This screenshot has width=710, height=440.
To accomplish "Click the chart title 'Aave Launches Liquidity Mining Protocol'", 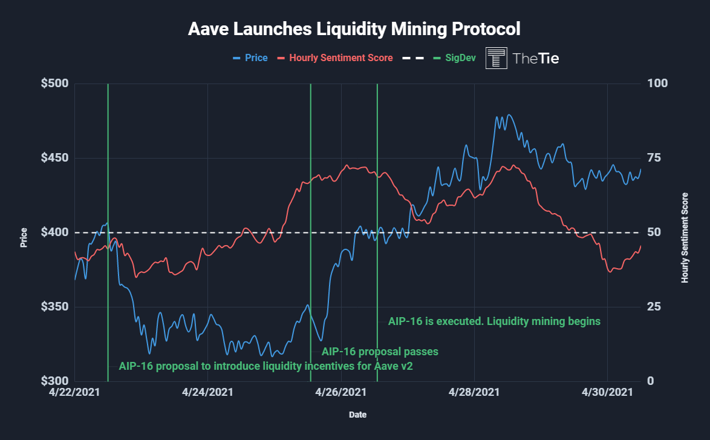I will pyautogui.click(x=354, y=28).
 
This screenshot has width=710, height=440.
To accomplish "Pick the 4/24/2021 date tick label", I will pyautogui.click(x=207, y=392).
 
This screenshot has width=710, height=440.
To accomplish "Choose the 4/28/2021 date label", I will pyautogui.click(x=474, y=392).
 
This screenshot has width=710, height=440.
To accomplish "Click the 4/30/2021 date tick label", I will pyautogui.click(x=607, y=392).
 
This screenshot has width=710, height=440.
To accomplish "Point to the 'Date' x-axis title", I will pyautogui.click(x=357, y=415).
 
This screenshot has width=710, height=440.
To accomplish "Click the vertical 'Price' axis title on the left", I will pyautogui.click(x=24, y=238).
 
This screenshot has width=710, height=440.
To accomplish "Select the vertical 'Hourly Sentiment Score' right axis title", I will pyautogui.click(x=685, y=238).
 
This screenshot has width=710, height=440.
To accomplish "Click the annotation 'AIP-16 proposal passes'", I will pyautogui.click(x=380, y=351).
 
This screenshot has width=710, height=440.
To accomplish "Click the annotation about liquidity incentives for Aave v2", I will pyautogui.click(x=265, y=366).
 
